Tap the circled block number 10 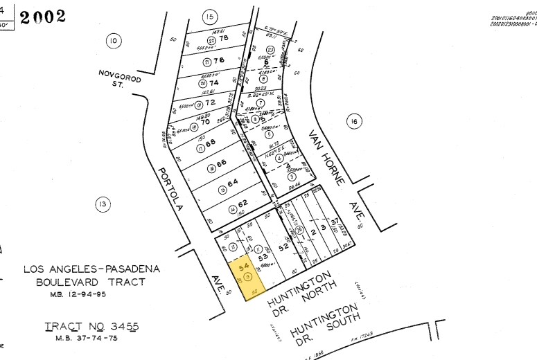coord(113,42)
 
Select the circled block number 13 coord(103,204)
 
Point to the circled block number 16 coord(353,123)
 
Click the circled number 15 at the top coord(209,17)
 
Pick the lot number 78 coord(223,39)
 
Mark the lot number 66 coord(221,163)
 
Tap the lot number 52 coord(283,246)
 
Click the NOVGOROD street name coord(120,76)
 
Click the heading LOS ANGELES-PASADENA coord(91,269)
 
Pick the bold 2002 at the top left coord(43,17)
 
